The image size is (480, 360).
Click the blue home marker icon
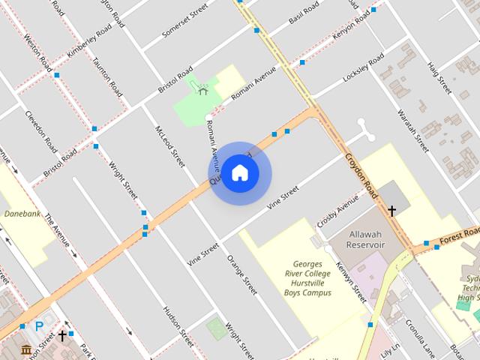click(239, 173)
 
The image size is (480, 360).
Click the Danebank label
click(21, 214)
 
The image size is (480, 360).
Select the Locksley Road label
click(364, 73)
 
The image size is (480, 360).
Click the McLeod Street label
click(169, 145)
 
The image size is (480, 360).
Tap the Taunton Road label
click(107, 76)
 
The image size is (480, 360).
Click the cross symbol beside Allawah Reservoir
click(391, 211)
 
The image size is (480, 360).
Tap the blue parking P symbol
click(39, 326)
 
